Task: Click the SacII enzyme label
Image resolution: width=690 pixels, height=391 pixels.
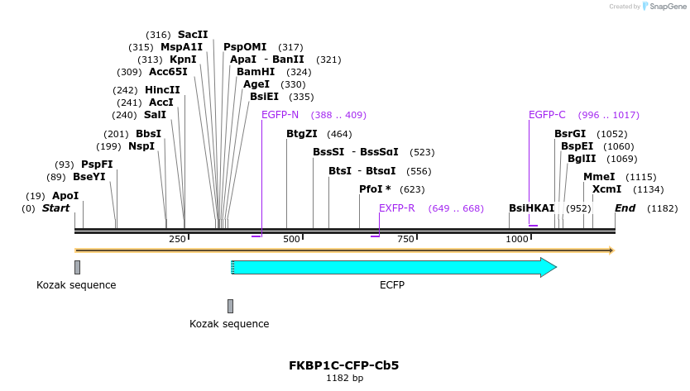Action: click(x=193, y=35)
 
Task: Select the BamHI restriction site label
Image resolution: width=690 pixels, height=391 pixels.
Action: click(x=256, y=72)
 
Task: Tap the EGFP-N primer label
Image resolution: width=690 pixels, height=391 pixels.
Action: click(x=280, y=115)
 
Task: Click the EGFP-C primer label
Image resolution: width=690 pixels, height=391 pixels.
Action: click(x=547, y=115)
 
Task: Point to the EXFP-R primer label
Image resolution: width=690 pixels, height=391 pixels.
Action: click(x=396, y=207)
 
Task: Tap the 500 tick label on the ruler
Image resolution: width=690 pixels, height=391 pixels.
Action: click(x=291, y=239)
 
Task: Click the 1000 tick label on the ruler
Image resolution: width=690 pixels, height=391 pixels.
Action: click(x=517, y=239)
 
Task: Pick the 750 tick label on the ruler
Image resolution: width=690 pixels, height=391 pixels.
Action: click(x=405, y=239)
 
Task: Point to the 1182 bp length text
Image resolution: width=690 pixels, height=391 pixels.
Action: click(x=344, y=378)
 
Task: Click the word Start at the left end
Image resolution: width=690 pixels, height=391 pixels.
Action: click(x=55, y=208)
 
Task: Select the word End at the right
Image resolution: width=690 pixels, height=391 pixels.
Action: click(x=625, y=208)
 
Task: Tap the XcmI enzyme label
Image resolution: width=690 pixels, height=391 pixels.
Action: click(x=606, y=189)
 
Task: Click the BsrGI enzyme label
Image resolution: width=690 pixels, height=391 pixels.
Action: click(x=570, y=133)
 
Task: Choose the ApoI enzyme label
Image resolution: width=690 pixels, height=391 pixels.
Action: click(x=65, y=196)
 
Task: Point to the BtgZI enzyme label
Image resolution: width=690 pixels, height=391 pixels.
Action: click(x=302, y=133)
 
